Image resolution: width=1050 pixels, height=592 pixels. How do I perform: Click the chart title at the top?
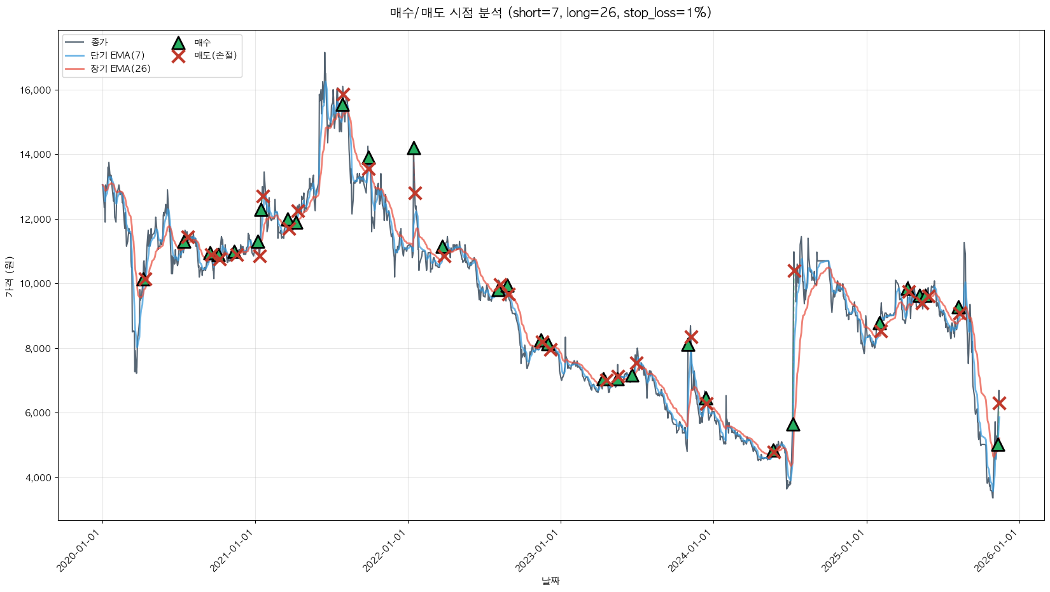550,13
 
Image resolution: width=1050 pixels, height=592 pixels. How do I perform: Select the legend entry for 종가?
99,42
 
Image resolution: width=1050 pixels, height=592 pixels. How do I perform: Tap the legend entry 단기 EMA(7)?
117,55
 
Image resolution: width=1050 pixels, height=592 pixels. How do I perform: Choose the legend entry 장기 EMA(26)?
120,69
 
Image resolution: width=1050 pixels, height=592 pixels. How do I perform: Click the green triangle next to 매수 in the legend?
178,43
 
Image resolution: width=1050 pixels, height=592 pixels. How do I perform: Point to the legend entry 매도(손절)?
216,55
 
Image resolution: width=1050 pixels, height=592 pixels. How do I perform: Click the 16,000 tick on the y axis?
36,90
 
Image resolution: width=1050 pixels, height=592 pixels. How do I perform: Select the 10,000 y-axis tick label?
36,284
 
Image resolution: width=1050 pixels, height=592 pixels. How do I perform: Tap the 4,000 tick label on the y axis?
38,478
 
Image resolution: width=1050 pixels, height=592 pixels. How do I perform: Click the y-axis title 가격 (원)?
9,277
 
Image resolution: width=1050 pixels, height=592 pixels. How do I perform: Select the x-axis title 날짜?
550,581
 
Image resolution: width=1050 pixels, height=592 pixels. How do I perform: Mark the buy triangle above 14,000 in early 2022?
414,148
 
